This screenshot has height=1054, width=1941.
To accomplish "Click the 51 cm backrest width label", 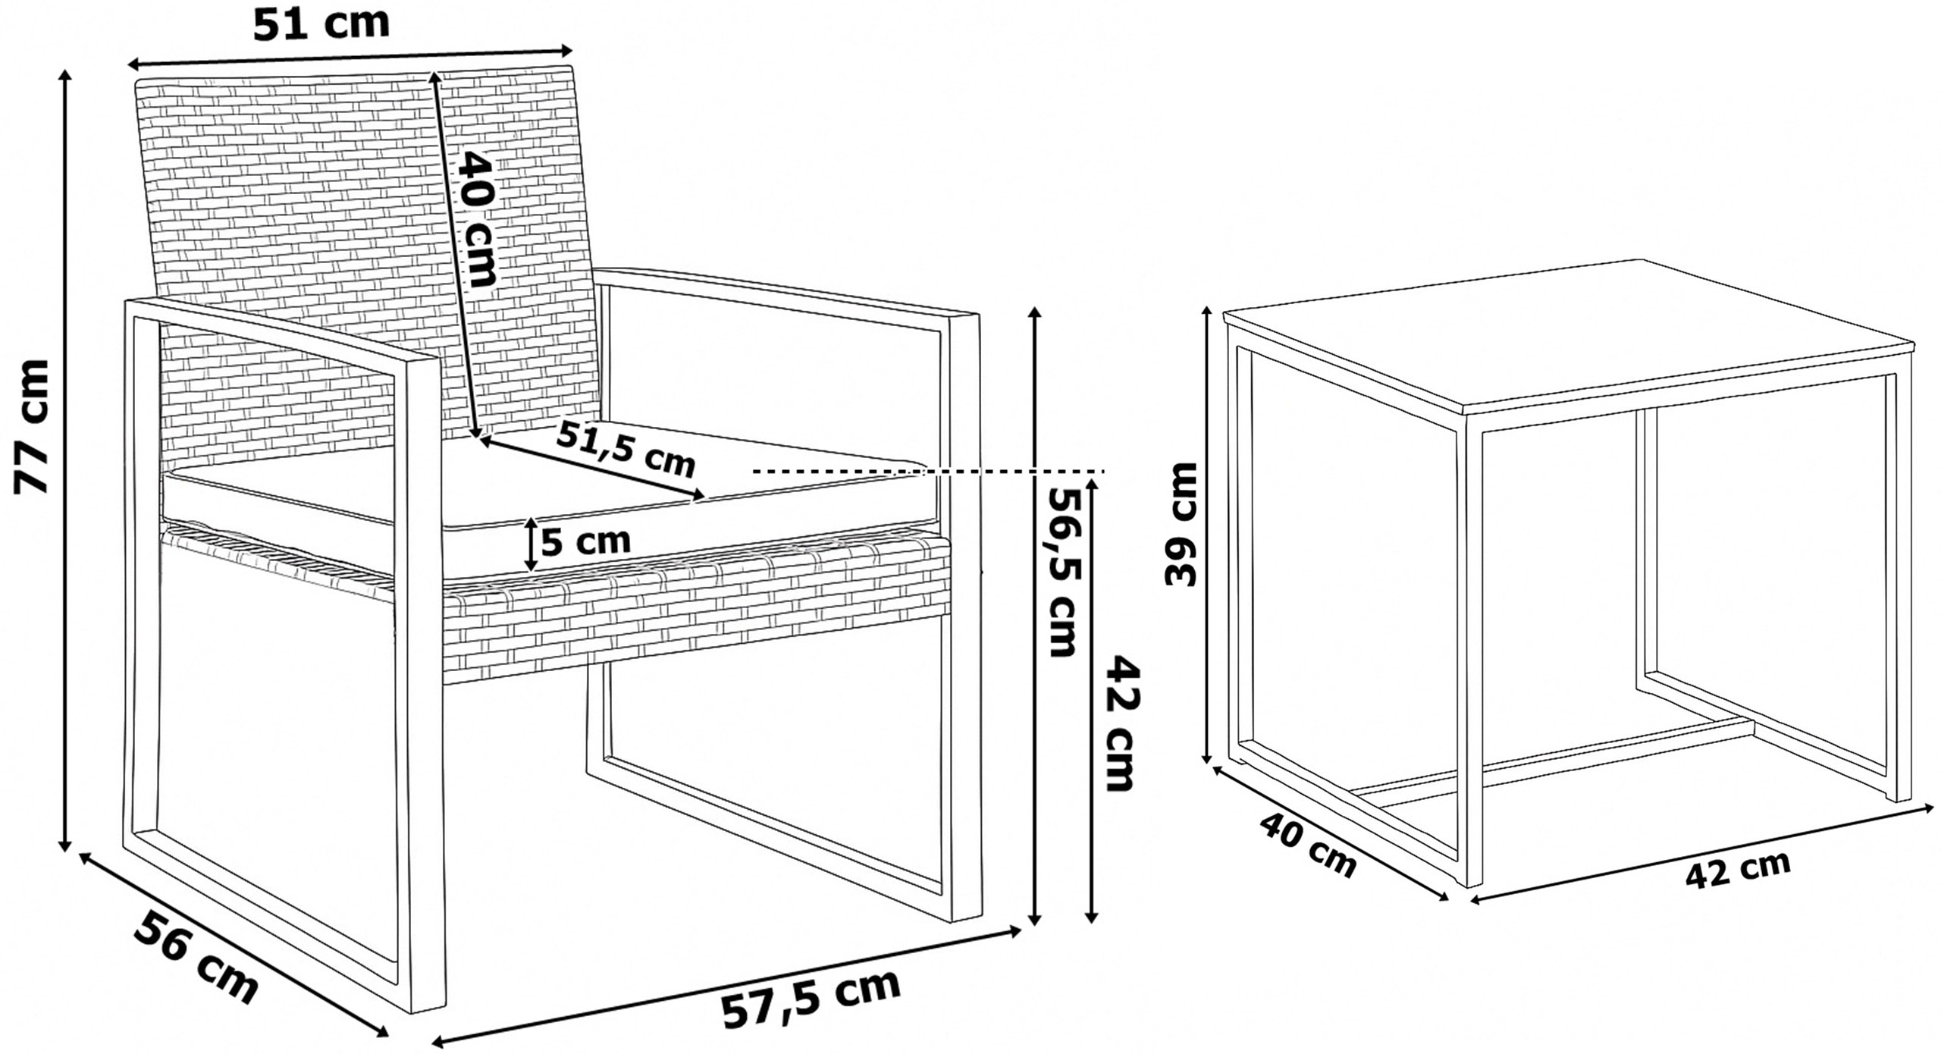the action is [321, 24].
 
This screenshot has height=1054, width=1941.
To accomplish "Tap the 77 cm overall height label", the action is [33, 427].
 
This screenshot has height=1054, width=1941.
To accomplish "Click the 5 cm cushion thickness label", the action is [586, 541].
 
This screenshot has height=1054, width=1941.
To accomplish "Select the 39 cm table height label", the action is [1180, 524].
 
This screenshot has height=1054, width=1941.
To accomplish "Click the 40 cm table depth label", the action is [1308, 844].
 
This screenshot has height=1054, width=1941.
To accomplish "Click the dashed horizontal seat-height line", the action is [929, 472].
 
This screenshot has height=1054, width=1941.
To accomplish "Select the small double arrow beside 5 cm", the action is [531, 544].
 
